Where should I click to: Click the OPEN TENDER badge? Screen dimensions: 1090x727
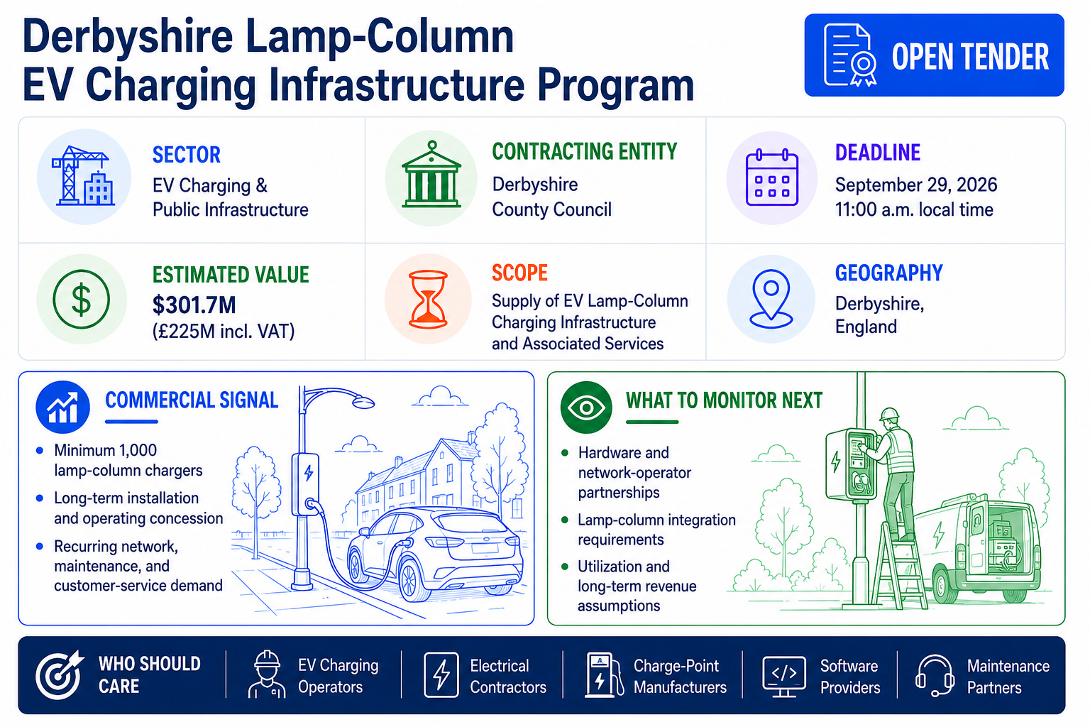(x=934, y=55)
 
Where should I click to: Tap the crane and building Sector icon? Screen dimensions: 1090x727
(x=83, y=176)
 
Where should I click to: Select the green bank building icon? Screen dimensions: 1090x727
(x=431, y=175)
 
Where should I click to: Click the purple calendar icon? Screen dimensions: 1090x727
(x=772, y=177)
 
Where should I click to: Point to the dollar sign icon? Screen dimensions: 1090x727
(x=82, y=299)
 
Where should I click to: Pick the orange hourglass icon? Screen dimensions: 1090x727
(x=428, y=299)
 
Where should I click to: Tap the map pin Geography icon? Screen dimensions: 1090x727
(x=771, y=298)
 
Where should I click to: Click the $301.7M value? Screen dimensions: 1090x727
(x=194, y=305)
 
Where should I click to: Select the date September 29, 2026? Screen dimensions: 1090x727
(x=916, y=185)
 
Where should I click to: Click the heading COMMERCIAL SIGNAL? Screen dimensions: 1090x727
(x=192, y=400)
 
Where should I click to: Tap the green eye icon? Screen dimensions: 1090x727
(x=586, y=407)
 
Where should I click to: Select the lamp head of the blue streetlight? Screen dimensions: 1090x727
(x=363, y=403)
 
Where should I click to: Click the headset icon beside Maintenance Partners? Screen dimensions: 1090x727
(x=935, y=676)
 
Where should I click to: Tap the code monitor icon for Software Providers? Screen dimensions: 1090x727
(x=784, y=676)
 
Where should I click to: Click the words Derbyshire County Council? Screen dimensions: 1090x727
(x=552, y=197)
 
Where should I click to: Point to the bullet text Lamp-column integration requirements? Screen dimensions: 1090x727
(x=656, y=530)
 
